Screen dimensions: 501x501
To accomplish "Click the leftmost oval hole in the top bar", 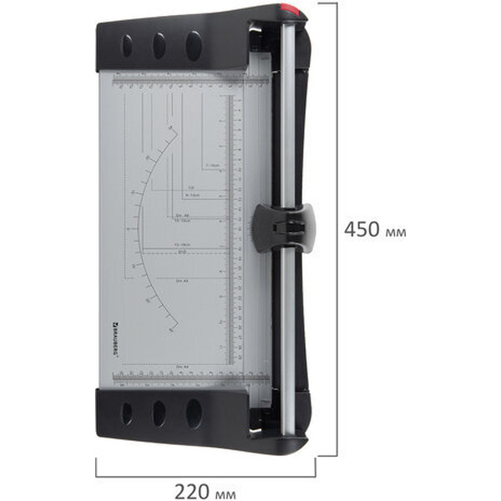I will (127, 45).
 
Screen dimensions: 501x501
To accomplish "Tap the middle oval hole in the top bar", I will (159, 45).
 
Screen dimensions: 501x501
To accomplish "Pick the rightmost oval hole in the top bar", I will (194, 45).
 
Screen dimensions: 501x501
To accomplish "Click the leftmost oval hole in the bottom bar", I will (127, 412).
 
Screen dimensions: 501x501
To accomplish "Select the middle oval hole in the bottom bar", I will (159, 412).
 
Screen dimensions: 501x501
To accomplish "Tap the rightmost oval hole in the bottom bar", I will (194, 412).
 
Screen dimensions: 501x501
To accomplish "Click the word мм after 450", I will (397, 231).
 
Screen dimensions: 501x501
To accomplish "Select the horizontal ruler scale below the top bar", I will (180, 82).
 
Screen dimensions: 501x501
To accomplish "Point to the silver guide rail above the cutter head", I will (287, 117).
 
